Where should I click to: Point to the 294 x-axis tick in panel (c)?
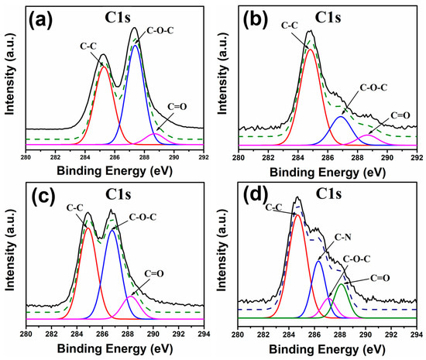(x=204, y=334)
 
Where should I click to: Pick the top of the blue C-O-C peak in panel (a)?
(x=136, y=46)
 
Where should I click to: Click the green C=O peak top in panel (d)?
(x=341, y=284)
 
